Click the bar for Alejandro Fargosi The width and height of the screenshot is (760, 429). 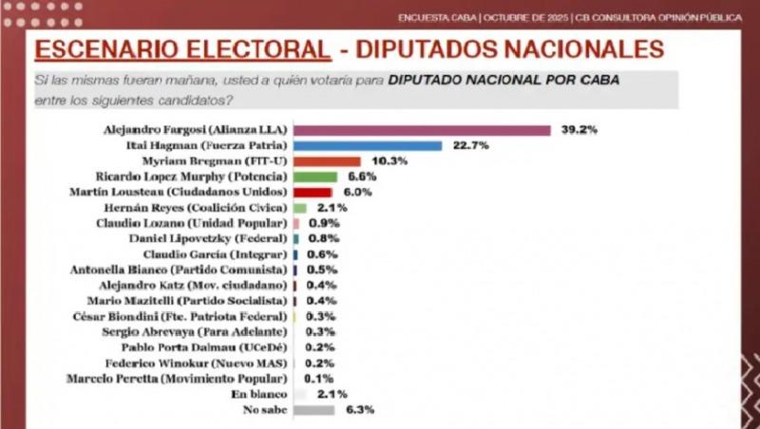pyautogui.click(x=423, y=129)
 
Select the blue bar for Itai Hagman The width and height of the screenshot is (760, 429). pyautogui.click(x=369, y=145)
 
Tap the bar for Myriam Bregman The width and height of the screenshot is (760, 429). pyautogui.click(x=328, y=161)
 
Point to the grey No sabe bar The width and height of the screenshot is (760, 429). pyautogui.click(x=314, y=410)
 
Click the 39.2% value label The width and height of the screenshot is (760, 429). pyautogui.click(x=577, y=129)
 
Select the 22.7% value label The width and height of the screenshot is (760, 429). pyautogui.click(x=468, y=145)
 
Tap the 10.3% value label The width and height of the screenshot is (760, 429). pyautogui.click(x=387, y=161)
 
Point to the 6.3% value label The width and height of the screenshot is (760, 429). pyautogui.click(x=359, y=410)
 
